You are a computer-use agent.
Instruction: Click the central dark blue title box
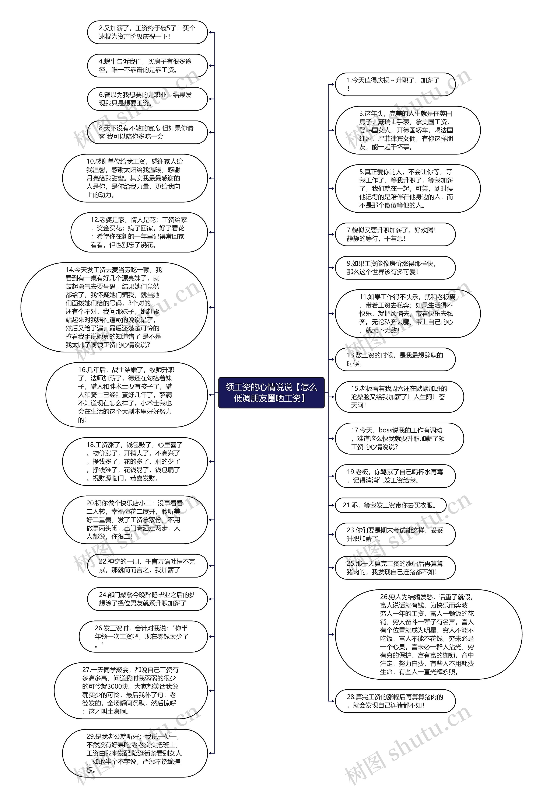[271, 393]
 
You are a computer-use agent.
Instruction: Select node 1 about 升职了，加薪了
[395, 84]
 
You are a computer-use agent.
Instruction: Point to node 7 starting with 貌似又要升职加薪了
[395, 234]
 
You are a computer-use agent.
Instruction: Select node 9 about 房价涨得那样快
[395, 268]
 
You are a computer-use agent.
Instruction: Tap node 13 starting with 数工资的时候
[395, 359]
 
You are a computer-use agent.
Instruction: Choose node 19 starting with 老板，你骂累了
[395, 476]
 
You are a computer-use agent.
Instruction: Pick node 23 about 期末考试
[395, 534]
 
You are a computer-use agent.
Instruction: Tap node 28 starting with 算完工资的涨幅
[395, 701]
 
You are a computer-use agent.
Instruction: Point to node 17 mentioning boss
[399, 439]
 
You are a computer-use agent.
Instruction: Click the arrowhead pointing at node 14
[210, 307]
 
